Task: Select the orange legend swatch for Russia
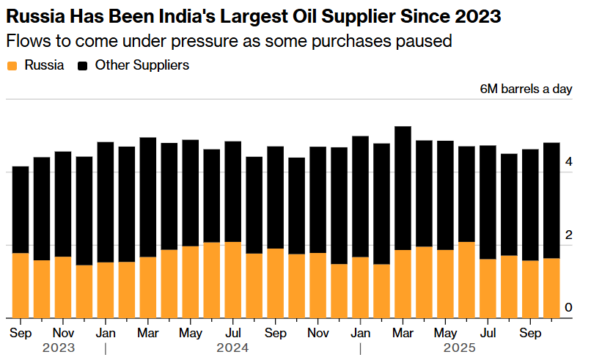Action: click(x=11, y=65)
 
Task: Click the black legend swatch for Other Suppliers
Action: click(x=83, y=65)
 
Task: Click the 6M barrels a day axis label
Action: click(x=525, y=89)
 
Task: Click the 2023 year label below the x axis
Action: click(x=59, y=347)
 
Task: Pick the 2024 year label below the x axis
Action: click(x=233, y=347)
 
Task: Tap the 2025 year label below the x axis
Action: click(x=460, y=347)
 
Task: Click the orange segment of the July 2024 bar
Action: click(x=233, y=279)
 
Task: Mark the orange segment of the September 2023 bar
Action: click(x=21, y=285)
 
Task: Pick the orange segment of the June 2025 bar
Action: click(x=466, y=279)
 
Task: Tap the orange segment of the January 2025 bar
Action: click(x=360, y=287)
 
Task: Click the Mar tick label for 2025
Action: click(x=403, y=331)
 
